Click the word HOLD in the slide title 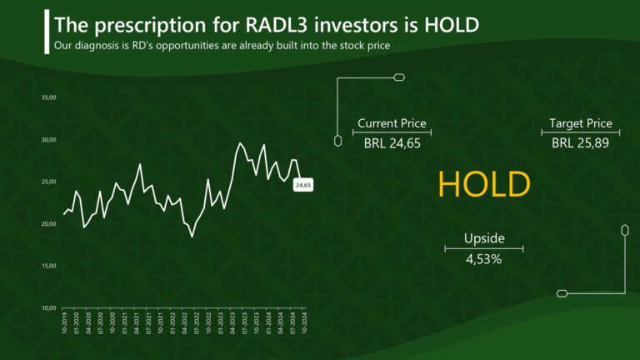click(x=451, y=25)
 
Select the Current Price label click(x=392, y=123)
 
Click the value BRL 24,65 click(x=392, y=143)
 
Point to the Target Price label click(x=581, y=123)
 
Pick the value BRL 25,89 click(x=581, y=143)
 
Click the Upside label click(x=484, y=238)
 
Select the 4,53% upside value click(x=484, y=259)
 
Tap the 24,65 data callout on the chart click(x=303, y=185)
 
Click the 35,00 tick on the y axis click(x=48, y=97)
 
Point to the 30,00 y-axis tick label click(x=48, y=140)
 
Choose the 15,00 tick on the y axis click(x=48, y=266)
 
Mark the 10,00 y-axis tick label click(x=48, y=308)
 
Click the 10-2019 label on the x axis click(x=65, y=324)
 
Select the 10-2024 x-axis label click(x=305, y=324)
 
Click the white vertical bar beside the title click(x=46, y=32)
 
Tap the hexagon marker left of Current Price click(x=337, y=140)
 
